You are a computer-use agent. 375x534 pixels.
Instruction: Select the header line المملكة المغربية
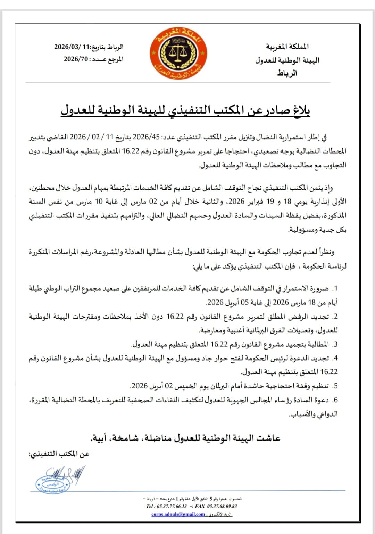(x=287, y=47)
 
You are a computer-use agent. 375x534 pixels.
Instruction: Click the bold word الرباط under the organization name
(x=287, y=73)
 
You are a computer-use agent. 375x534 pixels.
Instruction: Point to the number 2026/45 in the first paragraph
(x=146, y=137)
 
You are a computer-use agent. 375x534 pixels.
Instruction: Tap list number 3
(x=335, y=344)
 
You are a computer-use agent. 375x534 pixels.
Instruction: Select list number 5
(x=335, y=386)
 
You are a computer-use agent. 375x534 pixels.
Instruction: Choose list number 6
(x=335, y=400)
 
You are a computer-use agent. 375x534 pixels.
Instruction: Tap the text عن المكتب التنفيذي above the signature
(x=59, y=454)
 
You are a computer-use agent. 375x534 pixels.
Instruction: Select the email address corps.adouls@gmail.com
(x=178, y=514)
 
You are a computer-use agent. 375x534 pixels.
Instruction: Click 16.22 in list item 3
(x=219, y=344)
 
